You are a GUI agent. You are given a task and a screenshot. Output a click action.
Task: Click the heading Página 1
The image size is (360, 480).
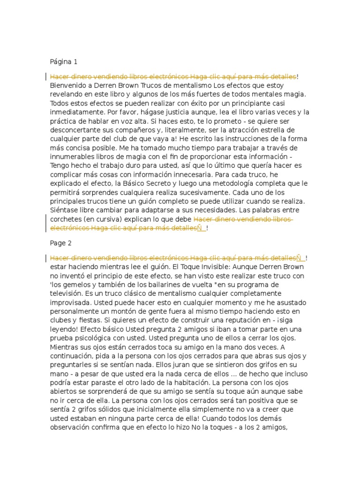(x=64, y=61)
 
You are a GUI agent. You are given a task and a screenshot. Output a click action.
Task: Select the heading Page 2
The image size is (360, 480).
(x=60, y=243)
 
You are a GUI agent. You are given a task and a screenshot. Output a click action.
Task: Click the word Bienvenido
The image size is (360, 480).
(x=68, y=86)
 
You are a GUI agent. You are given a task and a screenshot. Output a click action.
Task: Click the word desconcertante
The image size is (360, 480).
(x=76, y=130)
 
